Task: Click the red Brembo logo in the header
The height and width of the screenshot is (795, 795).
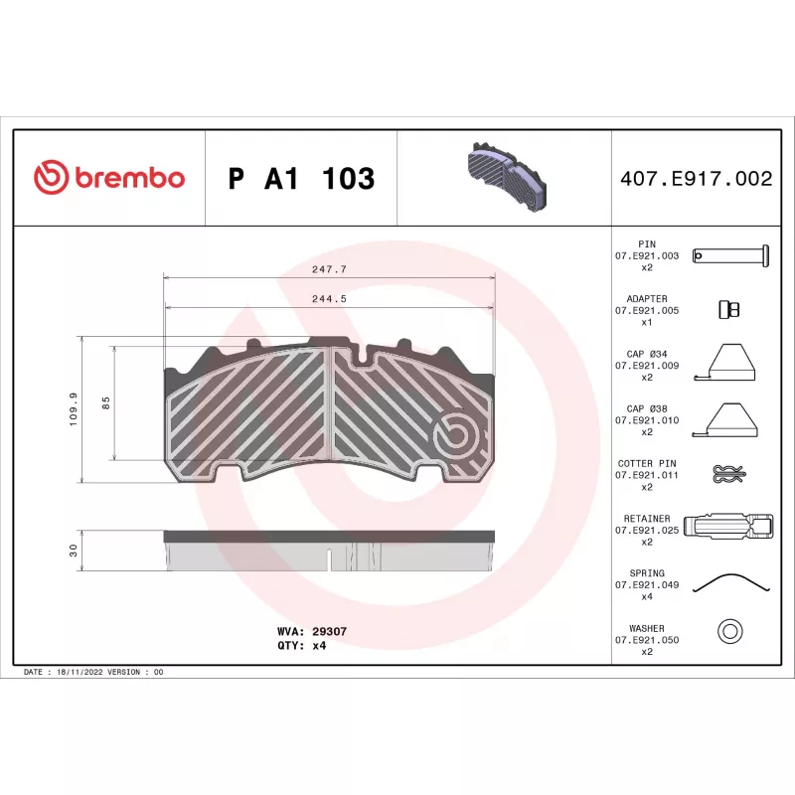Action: [109, 177]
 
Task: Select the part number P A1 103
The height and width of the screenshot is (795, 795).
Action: [301, 179]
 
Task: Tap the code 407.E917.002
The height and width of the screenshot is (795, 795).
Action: [697, 179]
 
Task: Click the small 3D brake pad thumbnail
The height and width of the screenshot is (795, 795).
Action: [506, 177]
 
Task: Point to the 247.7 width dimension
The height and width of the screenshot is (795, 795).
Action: [330, 269]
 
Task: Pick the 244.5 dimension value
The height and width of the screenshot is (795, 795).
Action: [330, 299]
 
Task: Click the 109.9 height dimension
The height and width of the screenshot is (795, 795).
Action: [74, 408]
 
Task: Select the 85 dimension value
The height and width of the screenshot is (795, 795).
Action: [106, 403]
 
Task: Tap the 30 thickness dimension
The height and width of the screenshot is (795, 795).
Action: [74, 551]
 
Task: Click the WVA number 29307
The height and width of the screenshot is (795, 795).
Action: [330, 631]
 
